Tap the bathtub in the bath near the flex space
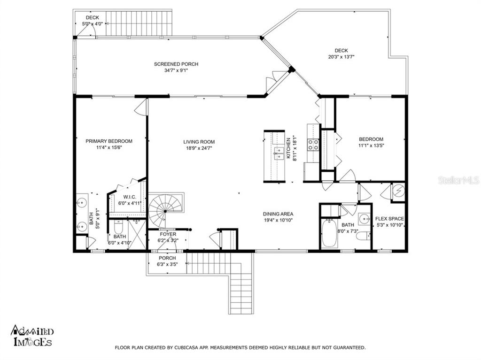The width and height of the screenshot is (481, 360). [x=329, y=234]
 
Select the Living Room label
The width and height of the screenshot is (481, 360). [x=199, y=142]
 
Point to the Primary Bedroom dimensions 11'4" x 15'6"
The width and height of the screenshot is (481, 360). [x=109, y=147]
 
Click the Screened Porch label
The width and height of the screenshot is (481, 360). [x=176, y=64]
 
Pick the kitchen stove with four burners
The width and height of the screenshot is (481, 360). [x=313, y=145]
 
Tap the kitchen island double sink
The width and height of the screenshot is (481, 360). [x=279, y=153]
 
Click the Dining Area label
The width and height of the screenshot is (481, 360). [x=278, y=214]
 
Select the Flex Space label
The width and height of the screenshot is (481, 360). [x=389, y=219]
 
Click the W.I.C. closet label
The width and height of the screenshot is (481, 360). [x=130, y=197]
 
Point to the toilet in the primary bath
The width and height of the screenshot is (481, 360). [x=118, y=227]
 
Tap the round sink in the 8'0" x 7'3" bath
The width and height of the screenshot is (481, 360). [x=365, y=219]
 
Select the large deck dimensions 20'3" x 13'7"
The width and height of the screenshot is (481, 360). [x=341, y=57]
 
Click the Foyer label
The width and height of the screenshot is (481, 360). [x=168, y=234]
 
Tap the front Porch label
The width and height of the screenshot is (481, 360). [x=167, y=258]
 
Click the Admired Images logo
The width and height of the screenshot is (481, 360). [x=32, y=336]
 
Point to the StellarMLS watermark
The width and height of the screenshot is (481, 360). [x=458, y=180]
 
